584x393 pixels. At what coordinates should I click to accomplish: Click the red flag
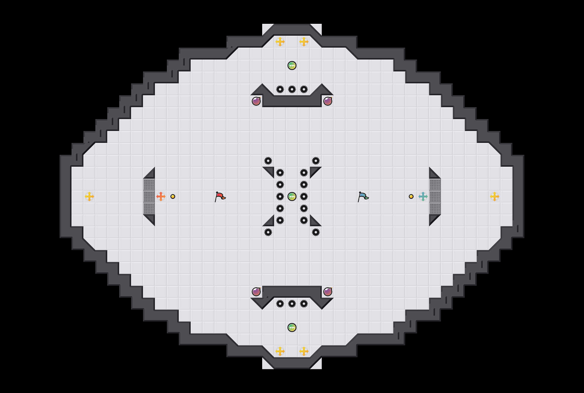click(220, 196)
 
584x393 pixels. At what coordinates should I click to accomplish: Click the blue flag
click(363, 196)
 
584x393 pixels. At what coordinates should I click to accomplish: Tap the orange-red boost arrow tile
click(161, 196)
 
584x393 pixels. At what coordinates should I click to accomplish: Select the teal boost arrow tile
click(423, 196)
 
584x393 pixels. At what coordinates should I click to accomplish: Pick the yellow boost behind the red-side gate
click(89, 196)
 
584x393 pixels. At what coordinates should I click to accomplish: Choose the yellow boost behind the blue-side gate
click(495, 196)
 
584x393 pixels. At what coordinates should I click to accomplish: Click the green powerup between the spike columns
click(292, 196)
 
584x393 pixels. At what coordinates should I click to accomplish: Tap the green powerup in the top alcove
click(292, 65)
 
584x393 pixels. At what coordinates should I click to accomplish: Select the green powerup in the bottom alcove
click(292, 327)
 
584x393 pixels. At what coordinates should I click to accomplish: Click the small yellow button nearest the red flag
click(173, 196)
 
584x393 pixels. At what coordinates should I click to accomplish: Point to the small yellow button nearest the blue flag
click(411, 196)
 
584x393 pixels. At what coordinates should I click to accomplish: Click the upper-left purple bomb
click(256, 101)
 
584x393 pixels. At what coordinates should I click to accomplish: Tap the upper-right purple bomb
click(328, 101)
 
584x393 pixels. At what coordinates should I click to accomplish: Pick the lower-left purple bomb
click(256, 292)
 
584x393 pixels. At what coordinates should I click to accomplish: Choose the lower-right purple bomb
click(328, 292)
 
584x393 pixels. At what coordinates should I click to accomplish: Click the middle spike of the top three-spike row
click(292, 89)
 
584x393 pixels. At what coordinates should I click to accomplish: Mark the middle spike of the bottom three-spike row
click(292, 304)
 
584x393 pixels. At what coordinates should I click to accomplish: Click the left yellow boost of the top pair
click(280, 42)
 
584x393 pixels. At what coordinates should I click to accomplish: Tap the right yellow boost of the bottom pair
click(304, 351)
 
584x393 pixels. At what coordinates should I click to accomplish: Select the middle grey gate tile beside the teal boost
click(435, 196)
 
